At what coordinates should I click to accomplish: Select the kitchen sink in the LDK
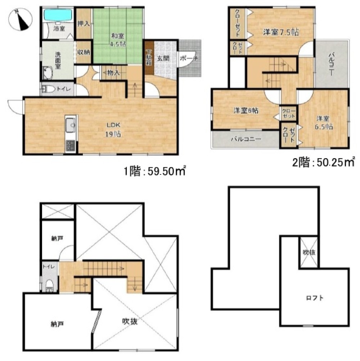70,126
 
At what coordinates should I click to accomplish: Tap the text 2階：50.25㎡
323,163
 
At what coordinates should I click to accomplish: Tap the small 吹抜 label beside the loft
309,252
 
